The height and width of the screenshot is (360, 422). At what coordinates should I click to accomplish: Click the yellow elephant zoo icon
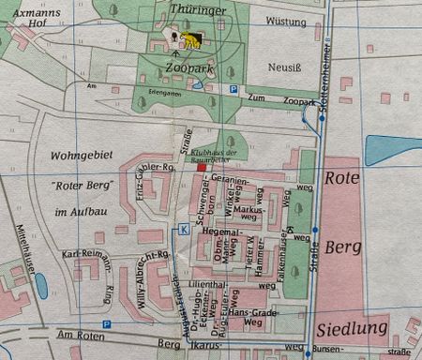coord(191,40)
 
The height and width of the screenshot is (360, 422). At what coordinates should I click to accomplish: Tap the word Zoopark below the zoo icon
coord(186,69)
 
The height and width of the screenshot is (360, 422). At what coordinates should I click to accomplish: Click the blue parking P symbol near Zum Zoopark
coord(234,89)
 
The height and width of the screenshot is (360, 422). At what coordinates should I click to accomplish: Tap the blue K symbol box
coord(184,229)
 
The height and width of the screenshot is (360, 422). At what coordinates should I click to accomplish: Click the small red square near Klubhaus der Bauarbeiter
coord(201,167)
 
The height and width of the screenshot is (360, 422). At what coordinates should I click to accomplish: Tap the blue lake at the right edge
coord(394,150)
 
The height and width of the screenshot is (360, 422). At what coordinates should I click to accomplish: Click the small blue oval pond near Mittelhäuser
coord(41,286)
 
